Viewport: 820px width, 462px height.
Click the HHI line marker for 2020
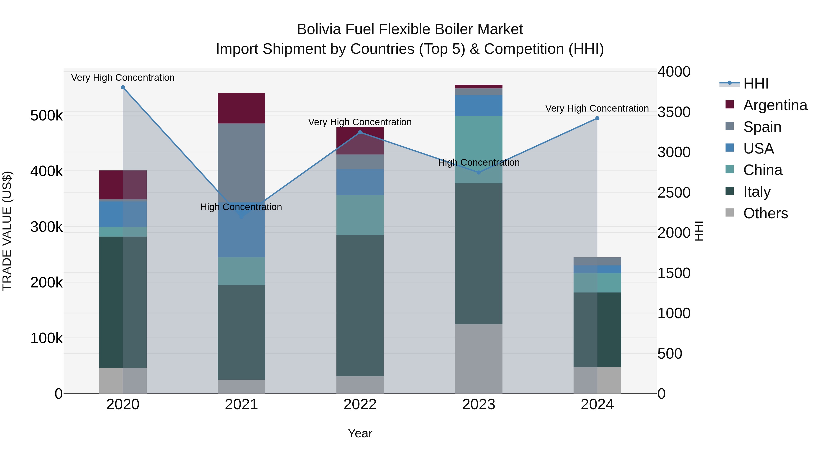(123, 87)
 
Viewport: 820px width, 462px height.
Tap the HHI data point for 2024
(597, 118)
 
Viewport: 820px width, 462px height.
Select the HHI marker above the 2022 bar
(360, 132)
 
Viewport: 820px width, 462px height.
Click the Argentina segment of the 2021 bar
(241, 108)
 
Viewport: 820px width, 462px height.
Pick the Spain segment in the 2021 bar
(241, 163)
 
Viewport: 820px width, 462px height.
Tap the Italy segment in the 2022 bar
(360, 305)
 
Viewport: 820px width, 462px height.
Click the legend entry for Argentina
(775, 105)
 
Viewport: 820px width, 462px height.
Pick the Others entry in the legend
(765, 213)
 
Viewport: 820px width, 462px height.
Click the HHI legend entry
(756, 84)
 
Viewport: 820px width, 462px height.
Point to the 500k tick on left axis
(46, 115)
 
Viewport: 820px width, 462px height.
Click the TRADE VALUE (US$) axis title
(7, 231)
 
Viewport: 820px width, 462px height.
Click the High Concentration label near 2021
(241, 207)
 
